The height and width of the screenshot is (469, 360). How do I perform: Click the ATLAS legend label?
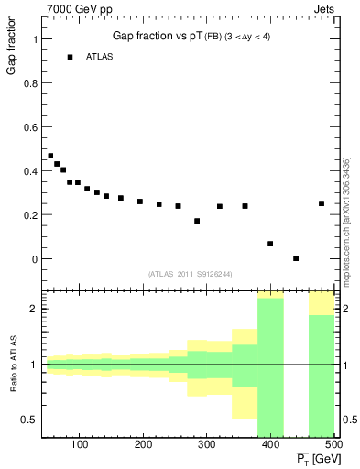click(x=101, y=57)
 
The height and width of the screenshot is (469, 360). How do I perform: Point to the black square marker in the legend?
click(x=70, y=57)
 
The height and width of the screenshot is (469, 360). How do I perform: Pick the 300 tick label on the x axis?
click(x=207, y=445)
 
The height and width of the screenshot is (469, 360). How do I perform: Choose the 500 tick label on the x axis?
click(x=333, y=445)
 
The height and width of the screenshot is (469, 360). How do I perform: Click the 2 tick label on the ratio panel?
click(x=33, y=309)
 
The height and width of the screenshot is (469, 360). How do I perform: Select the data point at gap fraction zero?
click(x=296, y=258)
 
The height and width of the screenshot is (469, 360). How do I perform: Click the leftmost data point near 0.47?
click(x=50, y=156)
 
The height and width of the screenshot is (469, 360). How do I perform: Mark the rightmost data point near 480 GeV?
click(x=322, y=203)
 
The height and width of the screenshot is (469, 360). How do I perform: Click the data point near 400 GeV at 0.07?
click(x=270, y=244)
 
